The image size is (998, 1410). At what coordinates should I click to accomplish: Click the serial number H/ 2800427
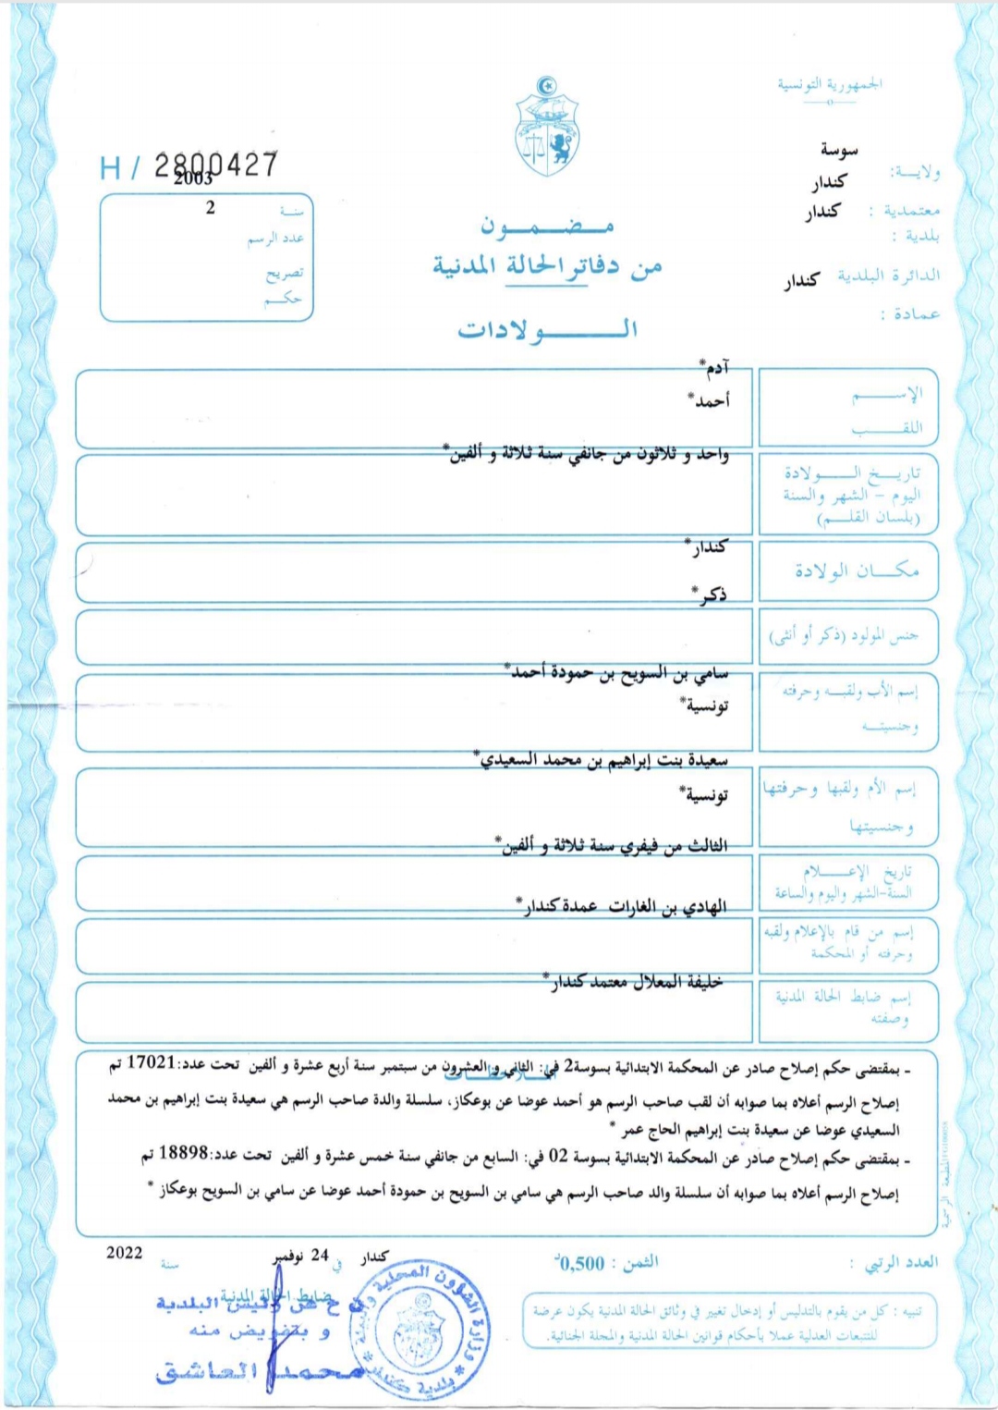point(189,166)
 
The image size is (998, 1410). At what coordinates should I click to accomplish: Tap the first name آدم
point(715,368)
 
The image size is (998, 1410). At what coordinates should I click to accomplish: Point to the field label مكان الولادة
point(857,570)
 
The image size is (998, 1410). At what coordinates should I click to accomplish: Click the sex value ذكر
point(711,595)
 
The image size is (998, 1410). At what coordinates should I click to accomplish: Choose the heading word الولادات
point(547,329)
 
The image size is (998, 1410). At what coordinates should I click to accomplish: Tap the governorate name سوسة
point(839,150)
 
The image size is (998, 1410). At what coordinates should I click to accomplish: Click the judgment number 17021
point(151,1062)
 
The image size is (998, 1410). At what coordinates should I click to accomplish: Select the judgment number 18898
point(183,1153)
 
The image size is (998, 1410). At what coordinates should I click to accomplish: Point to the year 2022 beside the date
point(125,1253)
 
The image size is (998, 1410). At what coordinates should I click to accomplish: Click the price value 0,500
point(580,1263)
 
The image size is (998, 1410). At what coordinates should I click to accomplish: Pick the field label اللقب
point(887,428)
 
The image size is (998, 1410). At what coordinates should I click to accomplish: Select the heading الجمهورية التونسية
point(829,85)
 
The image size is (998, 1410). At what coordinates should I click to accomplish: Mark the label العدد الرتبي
point(900,1263)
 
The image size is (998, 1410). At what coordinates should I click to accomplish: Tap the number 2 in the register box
point(211,208)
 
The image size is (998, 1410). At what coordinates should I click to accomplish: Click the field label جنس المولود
point(844,635)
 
